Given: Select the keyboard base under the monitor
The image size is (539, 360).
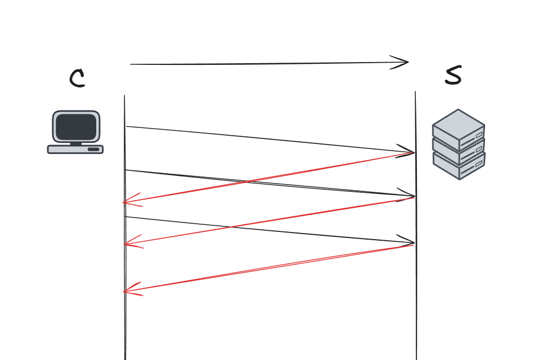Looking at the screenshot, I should tap(75, 149).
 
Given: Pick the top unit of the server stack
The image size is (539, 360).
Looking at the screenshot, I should tap(458, 126).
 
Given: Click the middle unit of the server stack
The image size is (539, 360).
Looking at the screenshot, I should tap(458, 146).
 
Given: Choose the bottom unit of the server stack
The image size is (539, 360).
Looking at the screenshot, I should tap(458, 164).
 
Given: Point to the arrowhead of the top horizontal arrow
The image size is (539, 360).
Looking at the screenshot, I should tap(408, 62).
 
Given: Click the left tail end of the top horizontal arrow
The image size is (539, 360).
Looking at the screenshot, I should tap(131, 65).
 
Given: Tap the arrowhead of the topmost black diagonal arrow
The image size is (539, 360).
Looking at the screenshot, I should tap(413, 152).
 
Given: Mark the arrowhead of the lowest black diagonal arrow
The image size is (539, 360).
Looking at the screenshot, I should tap(413, 243).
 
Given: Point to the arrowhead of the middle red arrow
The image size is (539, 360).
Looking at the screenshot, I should tap(125, 243).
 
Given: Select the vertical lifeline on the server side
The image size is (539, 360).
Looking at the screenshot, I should tap(416, 319).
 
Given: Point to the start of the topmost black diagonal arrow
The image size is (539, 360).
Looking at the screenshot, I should tap(127, 127).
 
